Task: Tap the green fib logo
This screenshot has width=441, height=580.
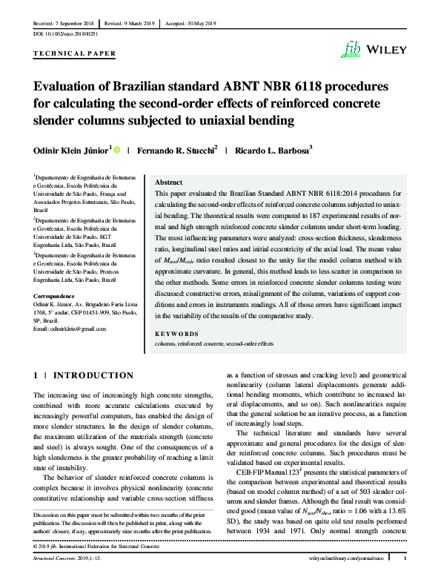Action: click(349, 48)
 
